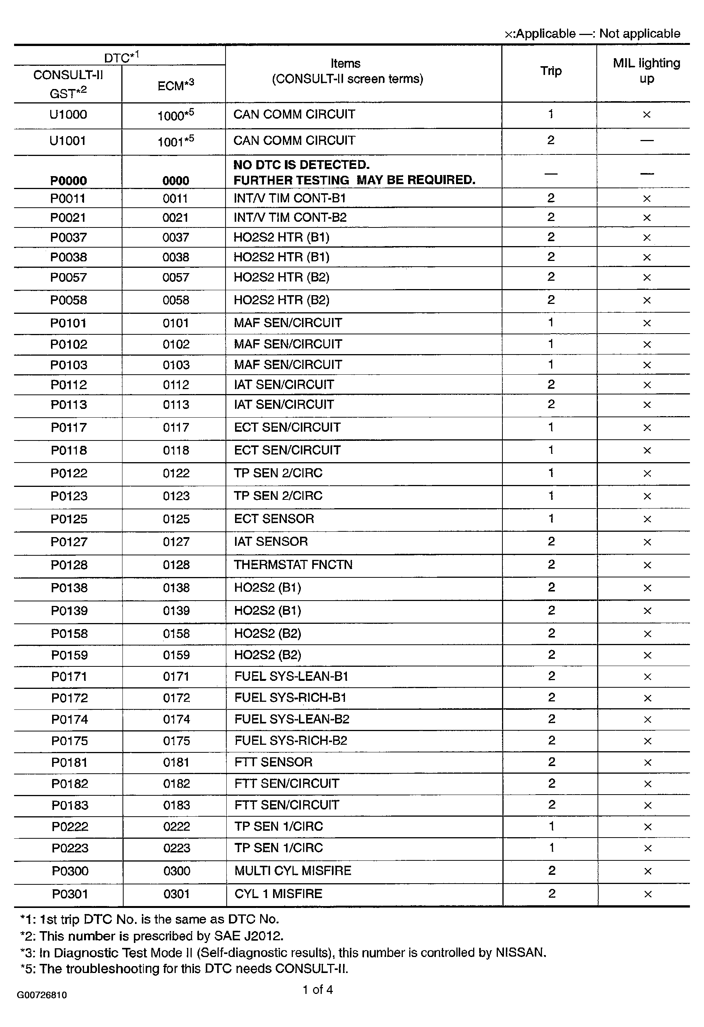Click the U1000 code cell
[x=68, y=115]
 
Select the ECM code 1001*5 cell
[x=175, y=141]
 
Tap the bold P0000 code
[x=68, y=180]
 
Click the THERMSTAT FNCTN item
[x=293, y=565]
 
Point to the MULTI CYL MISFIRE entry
[x=292, y=871]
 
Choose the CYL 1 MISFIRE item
[x=278, y=893]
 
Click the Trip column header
[x=551, y=71]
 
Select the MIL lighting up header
[x=646, y=71]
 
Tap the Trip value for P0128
[x=551, y=565]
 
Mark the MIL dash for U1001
[x=647, y=140]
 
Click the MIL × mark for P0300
[x=647, y=871]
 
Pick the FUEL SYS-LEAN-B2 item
[x=292, y=719]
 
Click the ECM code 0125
[x=176, y=519]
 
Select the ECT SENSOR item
[x=274, y=518]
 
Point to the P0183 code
[x=70, y=805]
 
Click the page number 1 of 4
[x=317, y=989]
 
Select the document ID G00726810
[x=42, y=995]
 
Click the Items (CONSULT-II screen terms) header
[x=347, y=71]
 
